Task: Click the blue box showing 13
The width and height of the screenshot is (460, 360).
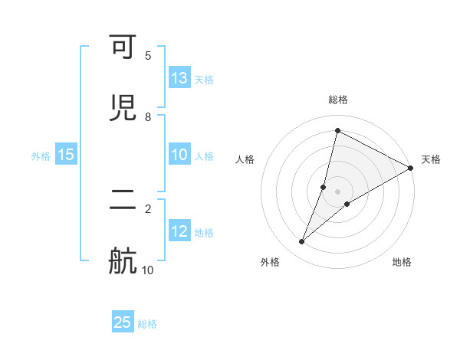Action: [179, 77]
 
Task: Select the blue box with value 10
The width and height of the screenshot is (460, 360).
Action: [179, 154]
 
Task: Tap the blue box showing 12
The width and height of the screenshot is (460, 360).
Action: [179, 231]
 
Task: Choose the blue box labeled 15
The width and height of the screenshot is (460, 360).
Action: [66, 154]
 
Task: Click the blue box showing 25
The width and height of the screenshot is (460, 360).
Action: [123, 322]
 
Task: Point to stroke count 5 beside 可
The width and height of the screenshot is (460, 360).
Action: [148, 56]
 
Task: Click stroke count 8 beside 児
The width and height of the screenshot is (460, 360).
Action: [148, 116]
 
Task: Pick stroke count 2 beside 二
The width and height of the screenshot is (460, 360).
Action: [148, 208]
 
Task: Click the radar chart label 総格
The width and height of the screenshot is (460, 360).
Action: [338, 100]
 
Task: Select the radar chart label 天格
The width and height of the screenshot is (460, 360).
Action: [431, 159]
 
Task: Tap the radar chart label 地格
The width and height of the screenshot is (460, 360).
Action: [402, 262]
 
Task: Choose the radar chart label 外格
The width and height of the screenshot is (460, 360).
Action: [270, 262]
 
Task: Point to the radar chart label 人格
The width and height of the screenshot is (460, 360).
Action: [245, 159]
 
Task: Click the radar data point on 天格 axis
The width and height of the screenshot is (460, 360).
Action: [411, 168]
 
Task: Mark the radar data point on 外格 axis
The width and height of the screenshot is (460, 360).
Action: [302, 242]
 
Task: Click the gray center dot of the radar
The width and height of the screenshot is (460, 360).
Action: [338, 191]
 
